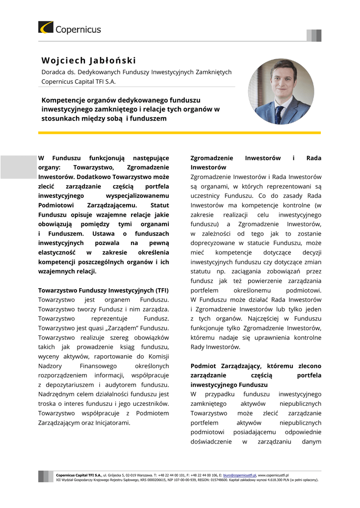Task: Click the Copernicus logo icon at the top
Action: pyautogui.click(x=46, y=27)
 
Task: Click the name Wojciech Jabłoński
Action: pyautogui.click(x=88, y=61)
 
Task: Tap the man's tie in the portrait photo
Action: pyautogui.click(x=279, y=114)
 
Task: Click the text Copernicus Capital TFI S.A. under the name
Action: pyautogui.click(x=78, y=82)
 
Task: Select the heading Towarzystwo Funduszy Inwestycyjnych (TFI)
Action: pyautogui.click(x=103, y=290)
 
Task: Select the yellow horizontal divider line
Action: pyautogui.click(x=179, y=133)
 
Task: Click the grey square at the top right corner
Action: pyautogui.click(x=314, y=35)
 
